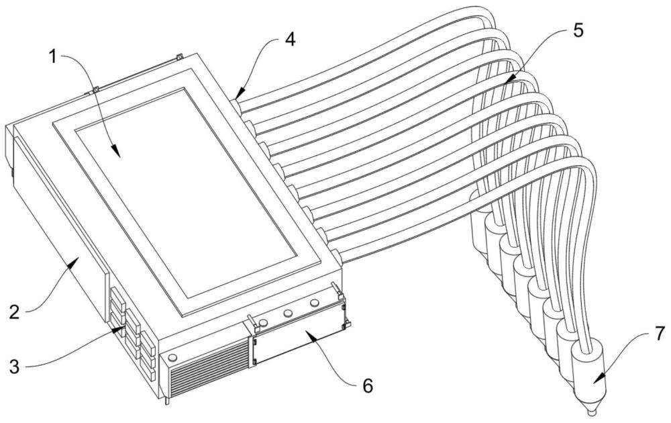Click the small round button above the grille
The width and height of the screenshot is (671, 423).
click(x=174, y=357)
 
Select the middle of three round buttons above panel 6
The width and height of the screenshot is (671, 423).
click(x=289, y=314)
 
